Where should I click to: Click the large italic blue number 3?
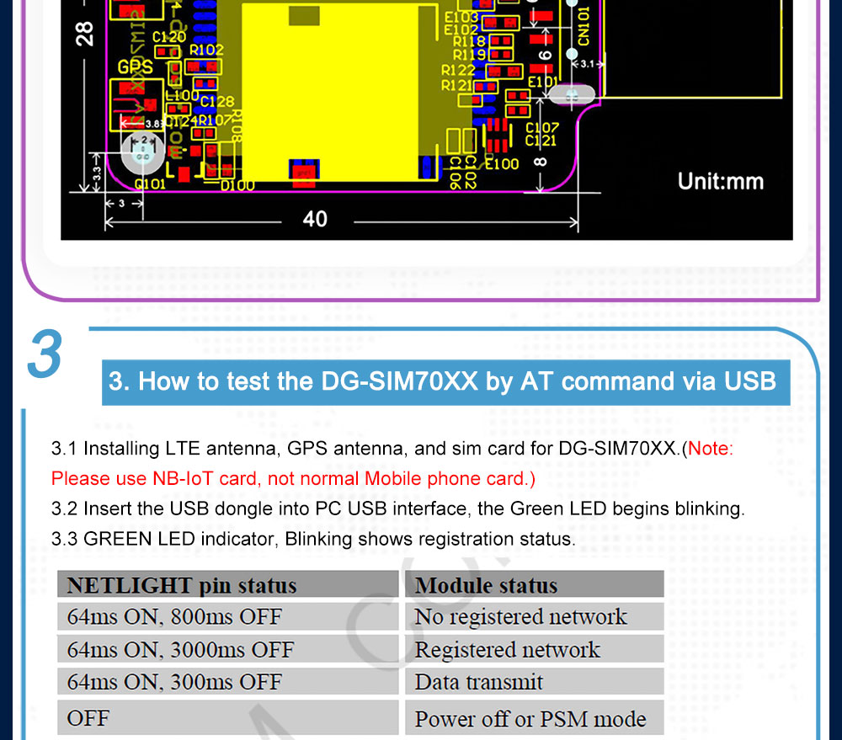click(45, 354)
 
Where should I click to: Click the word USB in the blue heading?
click(749, 381)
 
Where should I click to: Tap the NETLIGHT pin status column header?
click(182, 585)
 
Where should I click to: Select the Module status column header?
click(487, 585)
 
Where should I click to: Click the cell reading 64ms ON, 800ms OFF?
click(174, 617)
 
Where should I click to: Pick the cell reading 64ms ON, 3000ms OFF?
click(180, 650)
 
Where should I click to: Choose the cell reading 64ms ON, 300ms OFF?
click(174, 682)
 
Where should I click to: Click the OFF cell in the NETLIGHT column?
click(88, 718)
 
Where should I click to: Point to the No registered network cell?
click(520, 617)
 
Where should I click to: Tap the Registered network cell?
click(507, 650)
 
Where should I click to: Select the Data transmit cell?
click(479, 682)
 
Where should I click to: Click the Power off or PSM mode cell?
click(530, 719)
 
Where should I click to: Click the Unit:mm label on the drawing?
click(721, 181)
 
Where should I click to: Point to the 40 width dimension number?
click(315, 219)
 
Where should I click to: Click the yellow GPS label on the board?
click(135, 67)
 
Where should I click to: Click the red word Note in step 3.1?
click(709, 449)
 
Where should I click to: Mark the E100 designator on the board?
click(502, 164)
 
